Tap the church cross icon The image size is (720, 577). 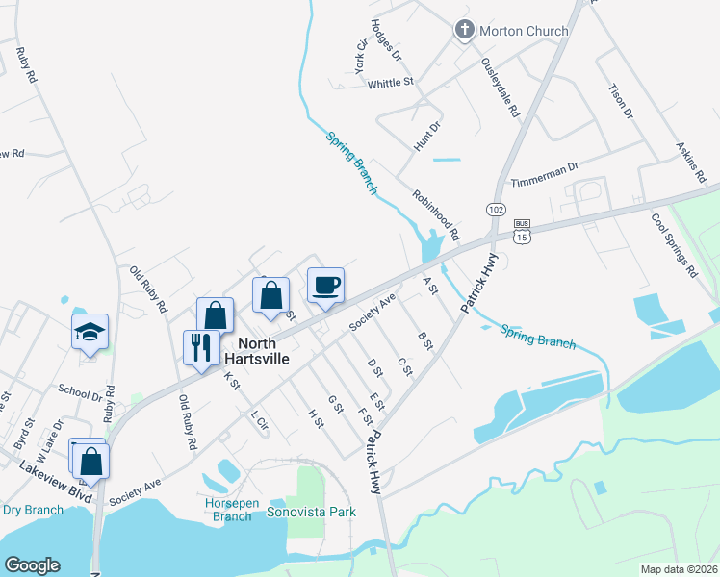pyautogui.click(x=463, y=30)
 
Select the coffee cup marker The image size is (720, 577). pyautogui.click(x=325, y=285)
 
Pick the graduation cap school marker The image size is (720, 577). pyautogui.click(x=90, y=332)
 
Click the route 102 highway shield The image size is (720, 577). pyautogui.click(x=495, y=209)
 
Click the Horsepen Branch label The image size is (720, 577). pyautogui.click(x=227, y=510)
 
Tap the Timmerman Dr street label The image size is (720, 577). pyautogui.click(x=544, y=166)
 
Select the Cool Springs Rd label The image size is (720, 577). pyautogui.click(x=674, y=245)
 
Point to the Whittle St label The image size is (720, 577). pyautogui.click(x=390, y=84)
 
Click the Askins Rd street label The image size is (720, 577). pyautogui.click(x=691, y=165)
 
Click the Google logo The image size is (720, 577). pyautogui.click(x=32, y=565)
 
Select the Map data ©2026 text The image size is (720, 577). pyautogui.click(x=679, y=569)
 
